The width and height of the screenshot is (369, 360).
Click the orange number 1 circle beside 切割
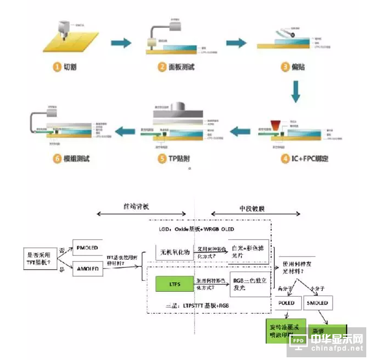[57, 67]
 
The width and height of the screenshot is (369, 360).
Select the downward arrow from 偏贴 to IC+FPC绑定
[295, 92]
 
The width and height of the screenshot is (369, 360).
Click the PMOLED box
[88, 248]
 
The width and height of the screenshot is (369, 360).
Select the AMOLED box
[88, 268]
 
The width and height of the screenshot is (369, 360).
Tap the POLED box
[287, 303]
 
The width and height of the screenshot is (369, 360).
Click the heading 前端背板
[136, 207]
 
